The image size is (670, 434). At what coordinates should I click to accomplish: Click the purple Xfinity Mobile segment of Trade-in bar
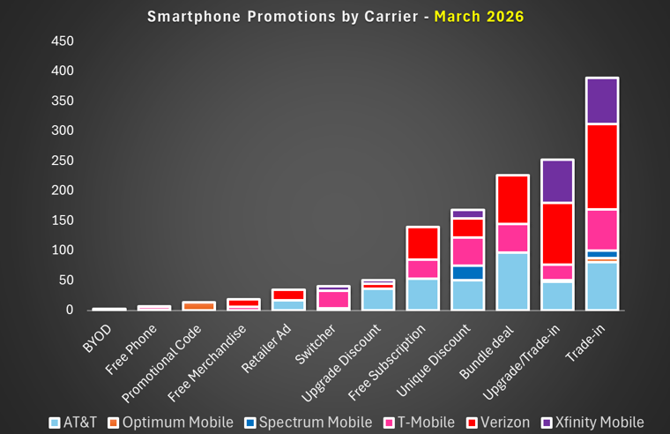(x=602, y=101)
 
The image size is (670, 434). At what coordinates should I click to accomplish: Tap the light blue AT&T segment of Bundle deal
(x=511, y=281)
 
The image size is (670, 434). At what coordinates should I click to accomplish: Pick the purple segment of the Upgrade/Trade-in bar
(x=556, y=181)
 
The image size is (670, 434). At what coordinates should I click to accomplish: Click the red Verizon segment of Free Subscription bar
(x=421, y=243)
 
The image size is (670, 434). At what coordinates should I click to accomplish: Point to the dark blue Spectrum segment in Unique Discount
(x=466, y=273)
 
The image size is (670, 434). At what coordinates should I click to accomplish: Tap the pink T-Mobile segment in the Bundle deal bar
(x=511, y=238)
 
